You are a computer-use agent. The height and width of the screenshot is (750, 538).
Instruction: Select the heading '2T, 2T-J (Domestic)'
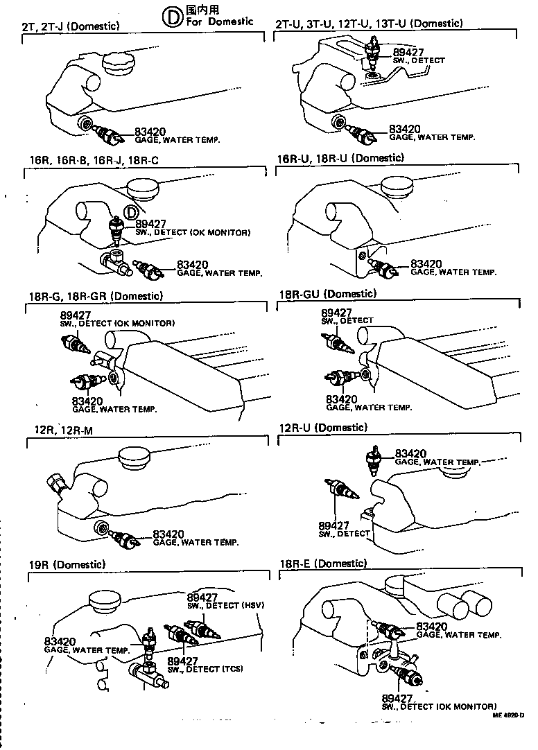coord(71,26)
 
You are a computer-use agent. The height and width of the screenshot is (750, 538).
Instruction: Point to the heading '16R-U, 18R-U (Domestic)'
coord(340,158)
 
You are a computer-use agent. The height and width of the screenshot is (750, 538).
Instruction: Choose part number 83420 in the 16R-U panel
coord(426,264)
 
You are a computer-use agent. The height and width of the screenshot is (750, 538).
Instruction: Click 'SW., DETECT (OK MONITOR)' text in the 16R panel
coord(193,232)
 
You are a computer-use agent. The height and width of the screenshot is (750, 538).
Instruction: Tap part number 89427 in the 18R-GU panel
coord(336,313)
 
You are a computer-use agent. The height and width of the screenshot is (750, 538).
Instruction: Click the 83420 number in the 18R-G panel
coord(87,401)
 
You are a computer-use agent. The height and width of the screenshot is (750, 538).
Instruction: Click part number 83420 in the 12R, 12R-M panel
coord(168,534)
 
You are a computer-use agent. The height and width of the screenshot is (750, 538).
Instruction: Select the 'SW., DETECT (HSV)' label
coord(226,605)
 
